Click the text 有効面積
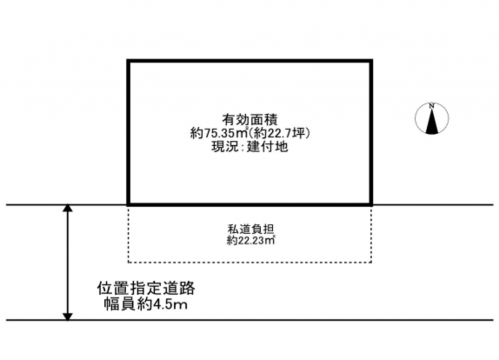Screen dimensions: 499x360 250,120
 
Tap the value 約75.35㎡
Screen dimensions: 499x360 219,133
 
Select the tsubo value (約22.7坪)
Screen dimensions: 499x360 279,133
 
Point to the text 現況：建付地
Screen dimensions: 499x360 250,147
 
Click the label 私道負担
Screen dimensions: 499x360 250,229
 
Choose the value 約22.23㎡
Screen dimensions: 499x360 250,240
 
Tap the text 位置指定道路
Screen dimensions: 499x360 146,289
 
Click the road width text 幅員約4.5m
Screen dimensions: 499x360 146,304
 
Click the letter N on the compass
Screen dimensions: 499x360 432,106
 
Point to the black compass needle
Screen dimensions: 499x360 432,121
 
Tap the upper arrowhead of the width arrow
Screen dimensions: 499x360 67,208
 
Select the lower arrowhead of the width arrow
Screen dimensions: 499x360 67,317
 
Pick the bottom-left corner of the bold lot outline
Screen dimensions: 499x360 128,205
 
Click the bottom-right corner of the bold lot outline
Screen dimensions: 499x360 371,205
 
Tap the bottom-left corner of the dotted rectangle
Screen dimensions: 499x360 128,262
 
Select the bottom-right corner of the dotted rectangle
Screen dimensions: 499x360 371,262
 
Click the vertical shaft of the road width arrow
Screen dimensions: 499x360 67,262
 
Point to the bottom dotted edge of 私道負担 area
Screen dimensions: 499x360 250,262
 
